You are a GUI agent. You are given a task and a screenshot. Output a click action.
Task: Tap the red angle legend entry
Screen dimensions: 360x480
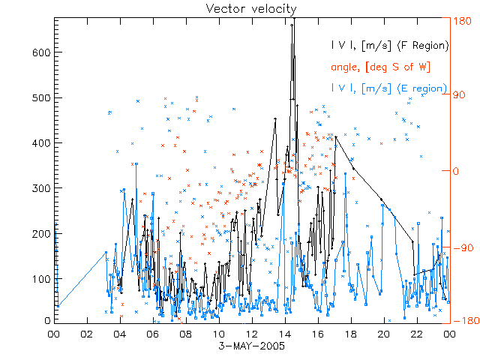380,67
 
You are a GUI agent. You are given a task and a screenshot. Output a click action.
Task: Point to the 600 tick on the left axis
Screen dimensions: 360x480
40,52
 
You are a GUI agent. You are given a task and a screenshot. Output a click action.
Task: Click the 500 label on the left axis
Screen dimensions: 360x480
40,97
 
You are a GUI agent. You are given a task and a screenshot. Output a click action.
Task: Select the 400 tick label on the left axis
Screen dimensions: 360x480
40,142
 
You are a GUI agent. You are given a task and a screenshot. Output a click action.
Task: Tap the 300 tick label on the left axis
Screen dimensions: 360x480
40,187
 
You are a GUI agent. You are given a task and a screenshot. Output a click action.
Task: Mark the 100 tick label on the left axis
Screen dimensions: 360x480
40,278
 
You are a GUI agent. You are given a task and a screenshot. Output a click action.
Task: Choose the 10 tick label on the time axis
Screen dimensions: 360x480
218,334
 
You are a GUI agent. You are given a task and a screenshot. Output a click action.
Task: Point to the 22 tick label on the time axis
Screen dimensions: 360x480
416,334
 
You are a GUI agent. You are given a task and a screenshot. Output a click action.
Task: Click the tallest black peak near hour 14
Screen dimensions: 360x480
292,24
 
